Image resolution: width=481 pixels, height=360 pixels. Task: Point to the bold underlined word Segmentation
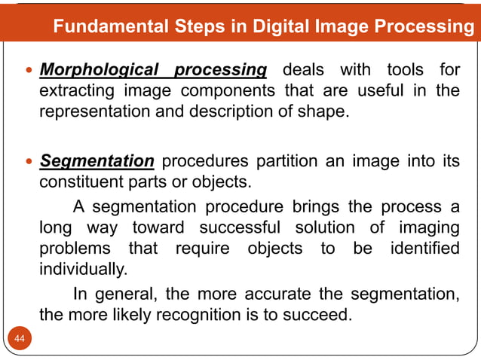click(97, 161)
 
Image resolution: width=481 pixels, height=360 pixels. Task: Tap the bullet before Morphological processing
click(29, 72)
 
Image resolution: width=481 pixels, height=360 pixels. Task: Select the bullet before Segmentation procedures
click(29, 161)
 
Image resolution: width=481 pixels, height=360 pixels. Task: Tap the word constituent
click(80, 182)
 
